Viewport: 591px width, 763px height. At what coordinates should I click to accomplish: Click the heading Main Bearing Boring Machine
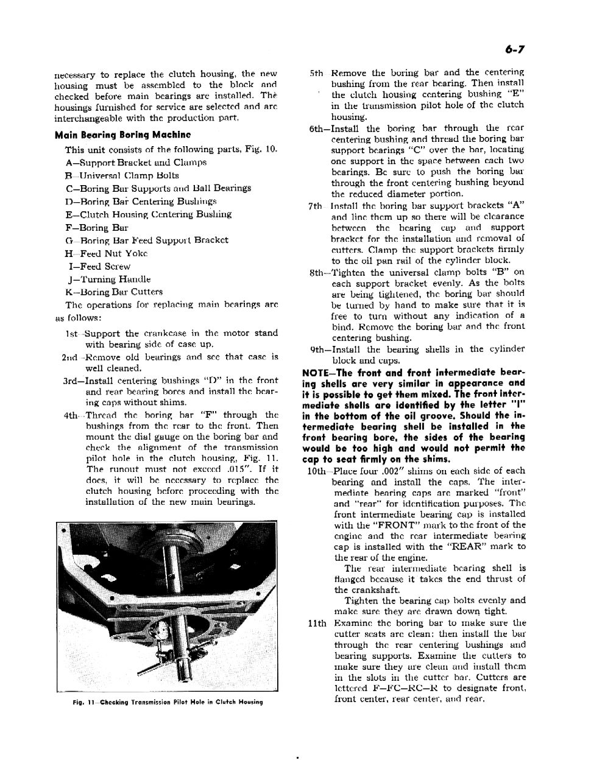pos(122,135)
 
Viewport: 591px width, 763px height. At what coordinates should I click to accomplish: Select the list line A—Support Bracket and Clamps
pos(136,163)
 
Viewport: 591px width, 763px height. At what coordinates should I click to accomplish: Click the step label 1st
pos(73,333)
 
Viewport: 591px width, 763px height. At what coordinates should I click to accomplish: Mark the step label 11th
pos(319,624)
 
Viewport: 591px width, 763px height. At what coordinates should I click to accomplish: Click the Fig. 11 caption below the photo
pos(167,703)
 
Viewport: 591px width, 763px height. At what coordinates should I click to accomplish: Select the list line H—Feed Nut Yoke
pos(106,253)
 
